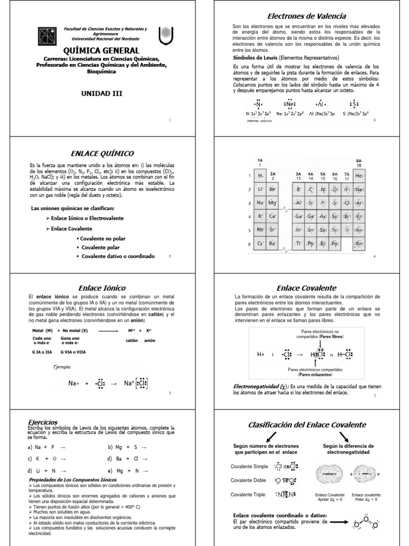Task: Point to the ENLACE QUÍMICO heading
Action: click(x=102, y=153)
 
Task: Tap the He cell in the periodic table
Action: click(x=359, y=175)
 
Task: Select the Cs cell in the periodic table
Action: click(x=260, y=244)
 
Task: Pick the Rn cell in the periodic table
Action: click(x=359, y=244)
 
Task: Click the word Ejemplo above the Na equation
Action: click(x=63, y=367)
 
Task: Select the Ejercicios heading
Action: click(x=44, y=421)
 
